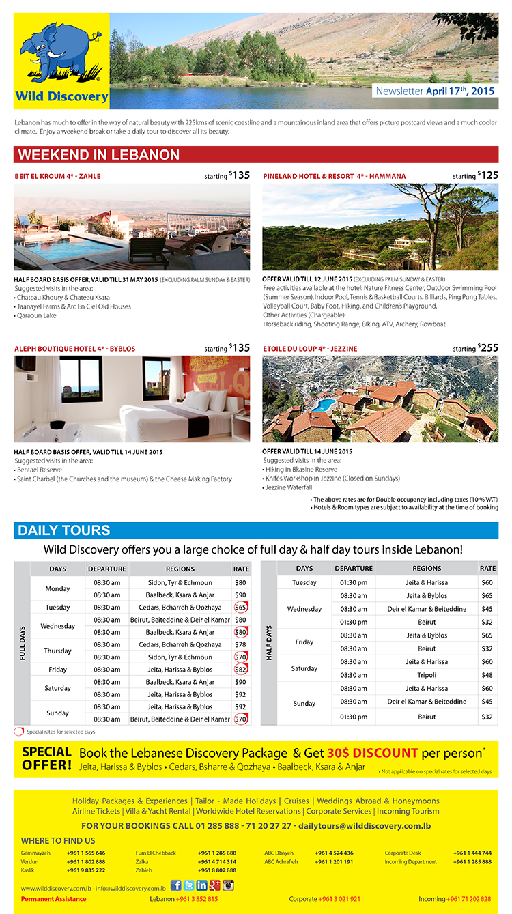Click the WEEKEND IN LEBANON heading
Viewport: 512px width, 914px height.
pyautogui.click(x=99, y=154)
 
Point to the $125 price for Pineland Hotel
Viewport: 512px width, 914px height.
pyautogui.click(x=488, y=175)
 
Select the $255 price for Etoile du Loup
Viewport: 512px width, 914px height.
pyautogui.click(x=488, y=348)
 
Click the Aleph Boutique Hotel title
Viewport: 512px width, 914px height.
pyautogui.click(x=75, y=349)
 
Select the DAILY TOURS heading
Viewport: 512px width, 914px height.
pyautogui.click(x=64, y=530)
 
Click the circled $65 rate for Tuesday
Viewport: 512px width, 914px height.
pyautogui.click(x=240, y=608)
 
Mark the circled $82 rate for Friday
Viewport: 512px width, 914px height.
pyautogui.click(x=240, y=670)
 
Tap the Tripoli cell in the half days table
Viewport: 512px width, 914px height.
pyautogui.click(x=427, y=674)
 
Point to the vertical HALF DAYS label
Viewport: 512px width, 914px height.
pyautogui.click(x=268, y=643)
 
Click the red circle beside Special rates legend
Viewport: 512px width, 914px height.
pyautogui.click(x=18, y=731)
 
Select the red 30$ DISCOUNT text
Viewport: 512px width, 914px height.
pyautogui.click(x=372, y=753)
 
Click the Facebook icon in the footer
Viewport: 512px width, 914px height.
pyautogui.click(x=176, y=885)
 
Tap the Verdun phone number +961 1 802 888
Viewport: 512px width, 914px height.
pyautogui.click(x=85, y=861)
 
